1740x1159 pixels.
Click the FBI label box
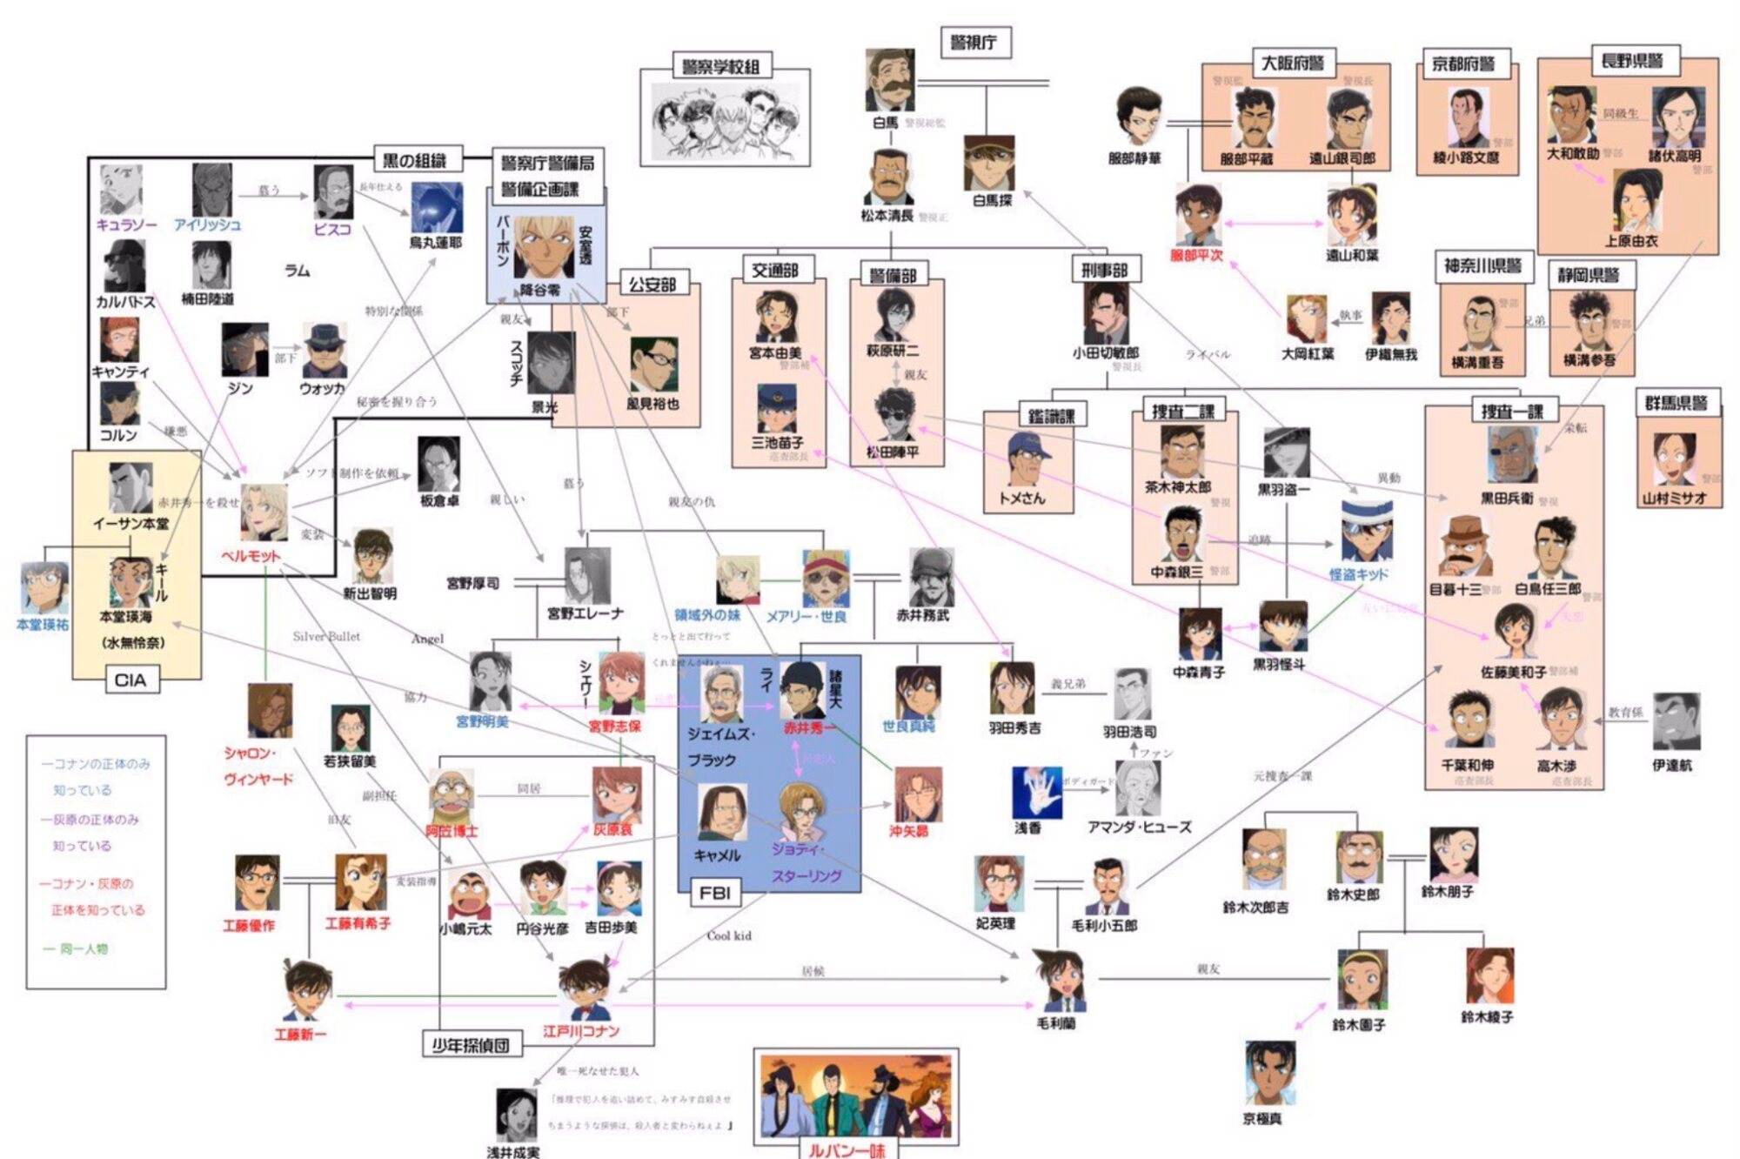(x=715, y=893)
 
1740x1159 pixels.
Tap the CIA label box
(x=130, y=680)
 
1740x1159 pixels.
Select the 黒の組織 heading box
(x=415, y=159)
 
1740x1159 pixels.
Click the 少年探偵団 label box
(x=471, y=1044)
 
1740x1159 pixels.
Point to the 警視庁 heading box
(x=974, y=43)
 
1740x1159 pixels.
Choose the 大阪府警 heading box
(x=1293, y=64)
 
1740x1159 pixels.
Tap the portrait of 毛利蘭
(x=1060, y=981)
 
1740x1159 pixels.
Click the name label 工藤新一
(x=300, y=1035)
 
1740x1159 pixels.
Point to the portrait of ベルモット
(x=264, y=513)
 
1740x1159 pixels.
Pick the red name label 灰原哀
(x=613, y=829)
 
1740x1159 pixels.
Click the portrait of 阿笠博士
(x=452, y=794)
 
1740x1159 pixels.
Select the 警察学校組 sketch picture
(x=726, y=120)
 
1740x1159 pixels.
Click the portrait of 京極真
(x=1268, y=1072)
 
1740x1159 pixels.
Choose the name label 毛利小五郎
(x=1104, y=925)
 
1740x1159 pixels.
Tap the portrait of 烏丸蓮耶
(x=437, y=208)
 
